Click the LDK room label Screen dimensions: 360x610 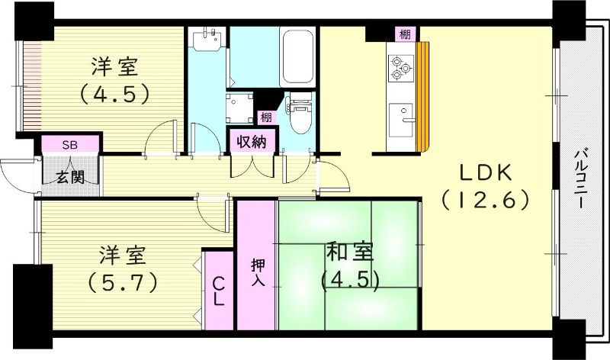pos(483,172)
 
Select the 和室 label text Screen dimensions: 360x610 pos(350,252)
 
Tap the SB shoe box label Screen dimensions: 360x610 pos(69,144)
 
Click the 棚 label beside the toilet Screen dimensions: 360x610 pos(265,117)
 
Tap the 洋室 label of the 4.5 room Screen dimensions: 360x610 pos(115,67)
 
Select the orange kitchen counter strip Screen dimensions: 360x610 pos(423,95)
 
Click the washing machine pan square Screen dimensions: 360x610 pos(241,108)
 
